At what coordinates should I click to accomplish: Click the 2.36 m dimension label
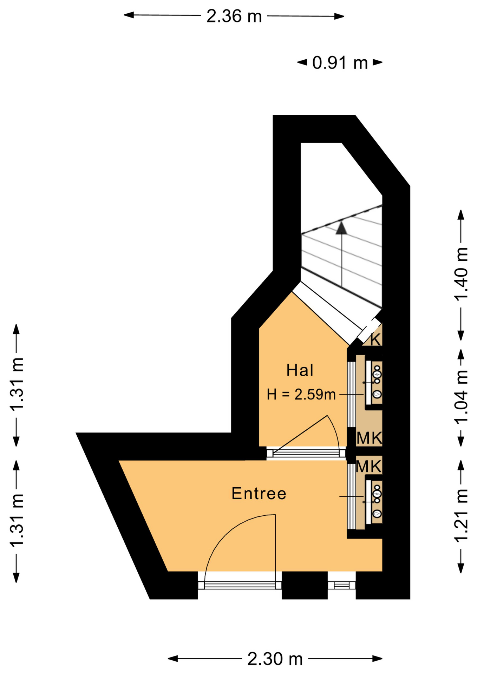pyautogui.click(x=234, y=16)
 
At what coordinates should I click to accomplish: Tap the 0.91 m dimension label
pyautogui.click(x=340, y=63)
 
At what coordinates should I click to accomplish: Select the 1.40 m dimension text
pyautogui.click(x=461, y=274)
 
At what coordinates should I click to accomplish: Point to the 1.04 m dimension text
pyautogui.click(x=461, y=397)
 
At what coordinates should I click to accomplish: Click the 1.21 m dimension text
pyautogui.click(x=461, y=515)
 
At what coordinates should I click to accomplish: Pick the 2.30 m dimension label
pyautogui.click(x=275, y=659)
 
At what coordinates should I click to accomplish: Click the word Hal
pyautogui.click(x=300, y=370)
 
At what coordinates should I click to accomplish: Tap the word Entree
pyautogui.click(x=259, y=494)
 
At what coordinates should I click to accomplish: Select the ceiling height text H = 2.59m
pyautogui.click(x=301, y=395)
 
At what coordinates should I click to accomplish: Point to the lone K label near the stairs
pyautogui.click(x=375, y=340)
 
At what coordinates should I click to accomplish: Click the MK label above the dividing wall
pyautogui.click(x=369, y=438)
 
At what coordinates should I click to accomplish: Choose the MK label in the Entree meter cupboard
pyautogui.click(x=368, y=467)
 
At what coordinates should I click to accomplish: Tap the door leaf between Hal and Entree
pyautogui.click(x=301, y=434)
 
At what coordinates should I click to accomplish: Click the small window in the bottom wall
pyautogui.click(x=341, y=585)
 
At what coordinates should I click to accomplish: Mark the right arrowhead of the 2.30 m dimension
pyautogui.click(x=377, y=659)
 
